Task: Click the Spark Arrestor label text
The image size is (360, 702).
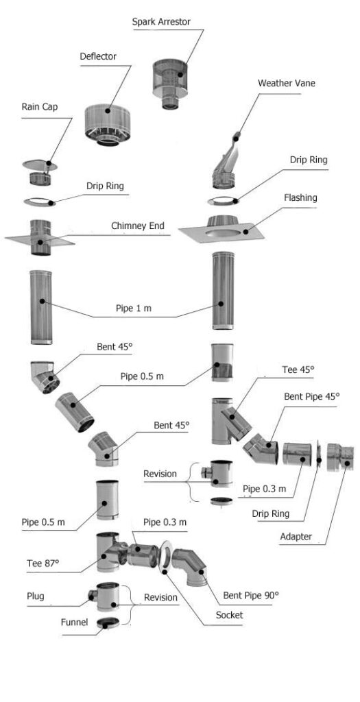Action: (161, 22)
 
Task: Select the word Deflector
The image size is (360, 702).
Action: (98, 57)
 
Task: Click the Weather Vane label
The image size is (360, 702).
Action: (287, 83)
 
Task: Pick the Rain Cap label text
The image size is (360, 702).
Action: (39, 108)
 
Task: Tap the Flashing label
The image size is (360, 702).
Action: (300, 197)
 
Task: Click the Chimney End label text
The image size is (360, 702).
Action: (138, 226)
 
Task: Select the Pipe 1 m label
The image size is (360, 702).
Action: (134, 308)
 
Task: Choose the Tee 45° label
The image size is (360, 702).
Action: (298, 370)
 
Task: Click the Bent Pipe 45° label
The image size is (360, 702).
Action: (312, 397)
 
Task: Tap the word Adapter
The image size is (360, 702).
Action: (296, 536)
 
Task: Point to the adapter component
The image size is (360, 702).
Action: (340, 457)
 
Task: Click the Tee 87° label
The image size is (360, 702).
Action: (43, 563)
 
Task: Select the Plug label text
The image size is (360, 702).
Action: (36, 596)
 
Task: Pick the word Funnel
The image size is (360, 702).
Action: (74, 622)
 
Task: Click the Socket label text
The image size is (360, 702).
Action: (229, 615)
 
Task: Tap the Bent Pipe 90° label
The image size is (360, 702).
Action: (251, 596)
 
